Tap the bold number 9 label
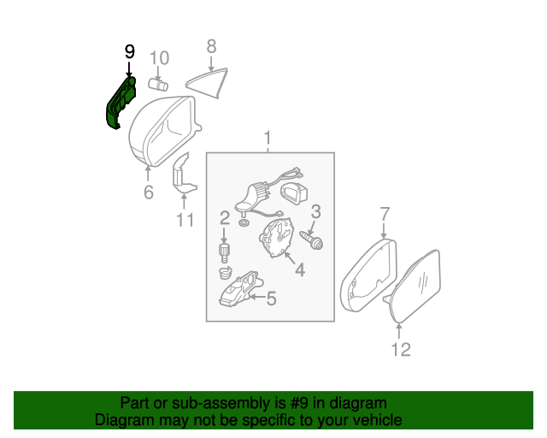point(129,52)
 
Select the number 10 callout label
point(159,58)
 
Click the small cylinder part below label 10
point(157,83)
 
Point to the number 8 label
point(211,47)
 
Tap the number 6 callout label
point(148,192)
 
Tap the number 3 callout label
point(315,211)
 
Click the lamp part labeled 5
point(240,289)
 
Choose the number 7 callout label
point(384,213)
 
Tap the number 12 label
point(400,348)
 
